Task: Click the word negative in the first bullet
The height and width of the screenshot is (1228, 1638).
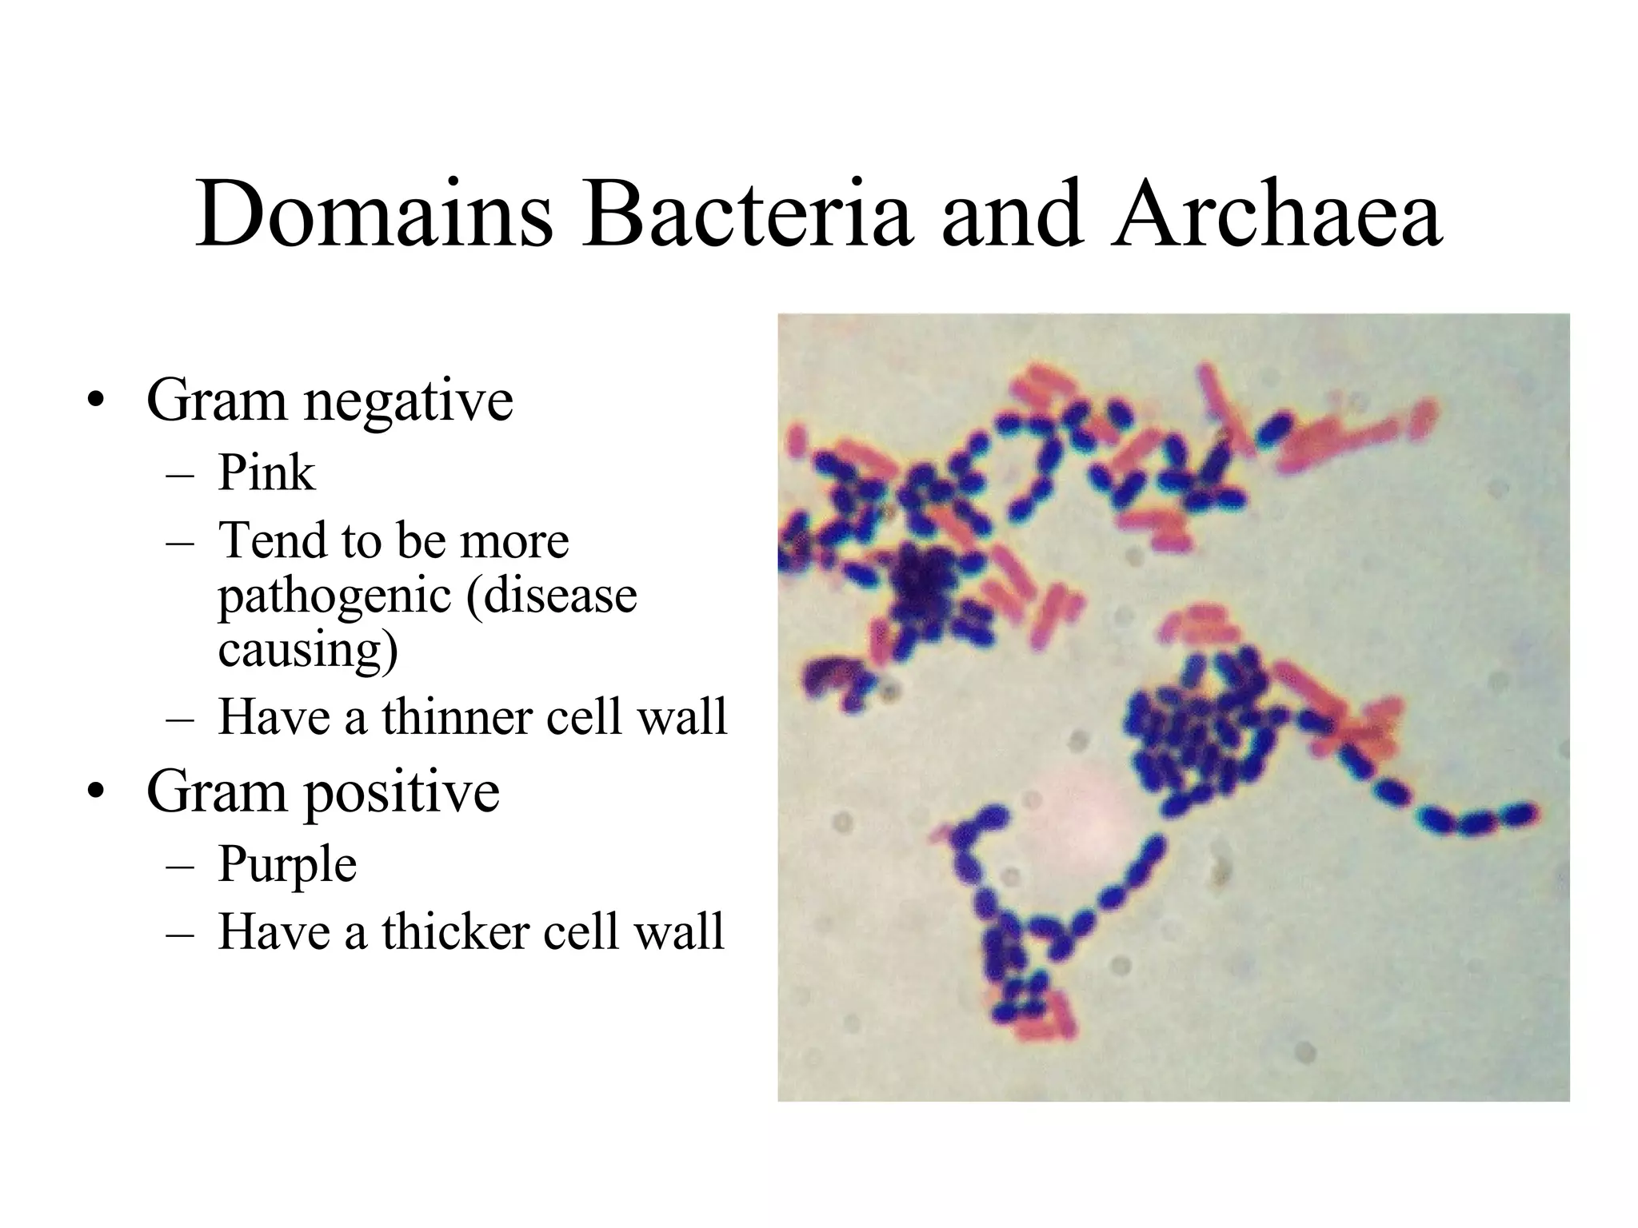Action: tap(408, 402)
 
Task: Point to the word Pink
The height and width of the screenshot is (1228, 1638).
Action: tap(266, 472)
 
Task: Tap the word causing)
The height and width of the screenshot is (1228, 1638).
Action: tap(307, 649)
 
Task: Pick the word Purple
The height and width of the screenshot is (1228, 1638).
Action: tap(287, 864)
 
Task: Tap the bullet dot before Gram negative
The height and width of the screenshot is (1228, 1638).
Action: tap(97, 402)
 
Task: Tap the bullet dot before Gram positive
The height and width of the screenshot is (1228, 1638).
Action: tap(97, 793)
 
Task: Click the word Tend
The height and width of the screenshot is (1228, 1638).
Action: tap(272, 540)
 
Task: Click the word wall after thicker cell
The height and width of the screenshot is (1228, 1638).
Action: tap(679, 931)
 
